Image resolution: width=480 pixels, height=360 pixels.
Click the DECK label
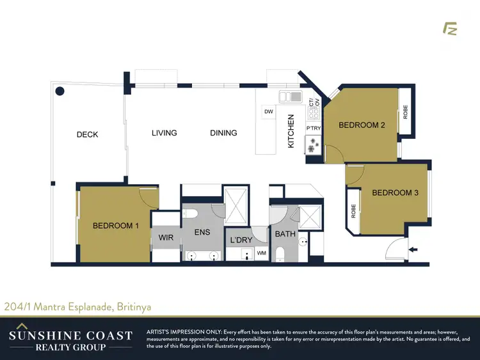point(87,134)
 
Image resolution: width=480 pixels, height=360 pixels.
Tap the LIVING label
point(164,133)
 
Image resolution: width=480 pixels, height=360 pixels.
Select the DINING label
point(223,133)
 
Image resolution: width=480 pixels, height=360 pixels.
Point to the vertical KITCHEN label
point(291,132)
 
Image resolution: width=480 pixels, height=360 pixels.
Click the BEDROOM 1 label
point(116,225)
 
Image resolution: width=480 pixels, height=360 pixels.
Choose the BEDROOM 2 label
point(362,125)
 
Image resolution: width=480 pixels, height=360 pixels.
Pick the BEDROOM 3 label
point(395,192)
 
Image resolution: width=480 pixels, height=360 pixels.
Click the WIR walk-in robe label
point(166,238)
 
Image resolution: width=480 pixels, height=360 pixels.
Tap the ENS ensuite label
point(202,233)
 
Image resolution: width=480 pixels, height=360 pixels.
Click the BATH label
point(285,234)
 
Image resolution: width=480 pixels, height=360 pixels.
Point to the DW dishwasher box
point(269,113)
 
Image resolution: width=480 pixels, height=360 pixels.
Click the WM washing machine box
point(261,254)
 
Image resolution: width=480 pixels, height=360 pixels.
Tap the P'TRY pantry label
point(314,129)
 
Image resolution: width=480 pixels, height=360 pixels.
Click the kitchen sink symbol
point(291,97)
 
